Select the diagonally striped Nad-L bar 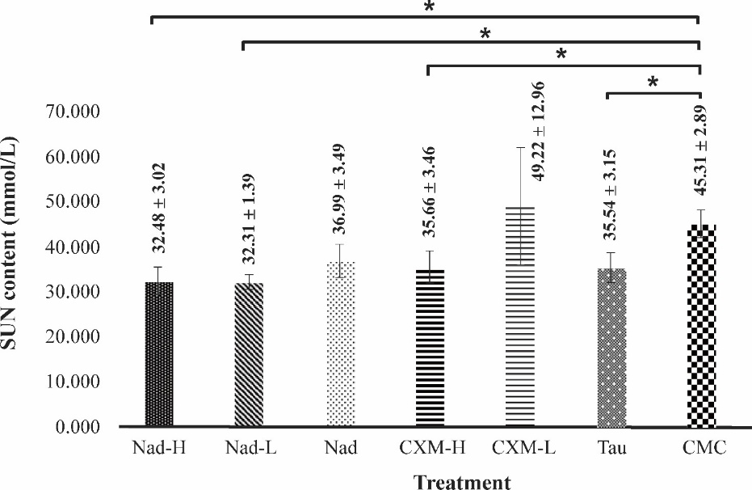(250, 355)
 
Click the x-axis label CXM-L (521, 448)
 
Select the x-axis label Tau (611, 448)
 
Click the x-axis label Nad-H (159, 448)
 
